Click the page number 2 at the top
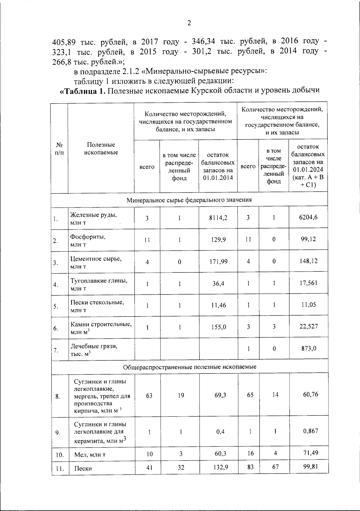pyautogui.click(x=189, y=23)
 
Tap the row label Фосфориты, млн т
pyautogui.click(x=88, y=240)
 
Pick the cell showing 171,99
pyautogui.click(x=218, y=262)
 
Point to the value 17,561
pyautogui.click(x=308, y=283)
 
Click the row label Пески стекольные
pyautogui.click(x=97, y=302)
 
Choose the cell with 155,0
pyautogui.click(x=218, y=327)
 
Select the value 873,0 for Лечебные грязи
pyautogui.click(x=308, y=349)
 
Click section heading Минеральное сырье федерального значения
pyautogui.click(x=189, y=200)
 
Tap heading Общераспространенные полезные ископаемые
pyautogui.click(x=190, y=367)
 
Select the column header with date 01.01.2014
pyautogui.click(x=218, y=167)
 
